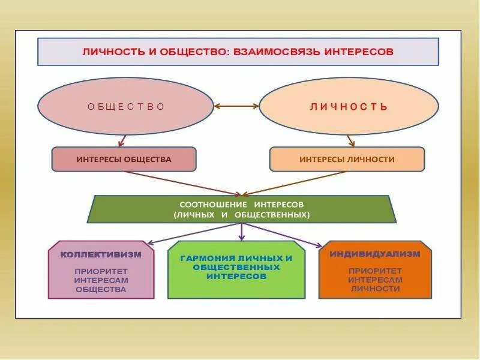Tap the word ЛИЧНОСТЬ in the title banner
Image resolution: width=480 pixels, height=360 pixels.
[112, 52]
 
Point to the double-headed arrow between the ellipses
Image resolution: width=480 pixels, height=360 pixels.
[236, 107]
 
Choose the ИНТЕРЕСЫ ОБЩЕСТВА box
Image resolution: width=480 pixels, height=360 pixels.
[124, 160]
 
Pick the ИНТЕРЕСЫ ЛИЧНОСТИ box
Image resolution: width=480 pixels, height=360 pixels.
[347, 160]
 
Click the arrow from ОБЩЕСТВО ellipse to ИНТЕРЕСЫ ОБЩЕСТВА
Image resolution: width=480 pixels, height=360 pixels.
[123, 140]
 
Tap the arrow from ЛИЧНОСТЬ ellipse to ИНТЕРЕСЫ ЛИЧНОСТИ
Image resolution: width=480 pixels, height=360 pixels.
[350, 140]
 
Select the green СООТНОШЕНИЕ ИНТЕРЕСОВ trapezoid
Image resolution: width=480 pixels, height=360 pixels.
[242, 209]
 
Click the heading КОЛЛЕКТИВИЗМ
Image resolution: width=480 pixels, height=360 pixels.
[101, 254]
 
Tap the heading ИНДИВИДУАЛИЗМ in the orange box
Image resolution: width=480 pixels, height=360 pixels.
[375, 253]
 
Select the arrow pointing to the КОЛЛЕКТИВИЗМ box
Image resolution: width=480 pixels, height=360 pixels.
[192, 234]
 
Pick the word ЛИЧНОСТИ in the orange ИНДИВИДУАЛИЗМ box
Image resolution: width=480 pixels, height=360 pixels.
[375, 289]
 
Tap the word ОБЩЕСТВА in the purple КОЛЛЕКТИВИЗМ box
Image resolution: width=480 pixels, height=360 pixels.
[101, 289]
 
